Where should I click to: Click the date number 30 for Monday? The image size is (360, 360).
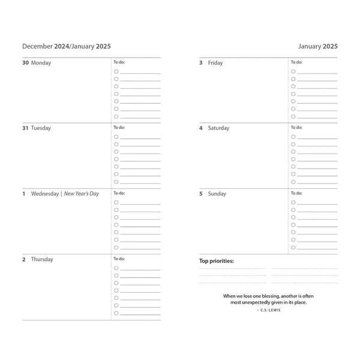point(25,62)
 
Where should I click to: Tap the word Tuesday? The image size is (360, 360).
point(41,128)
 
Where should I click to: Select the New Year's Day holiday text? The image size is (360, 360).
point(81,194)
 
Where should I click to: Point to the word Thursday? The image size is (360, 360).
point(42,260)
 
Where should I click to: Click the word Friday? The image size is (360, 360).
point(215,62)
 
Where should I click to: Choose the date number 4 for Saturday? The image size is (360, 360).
point(201,128)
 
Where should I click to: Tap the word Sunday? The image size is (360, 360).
point(217,194)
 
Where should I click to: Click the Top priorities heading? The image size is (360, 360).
point(217,261)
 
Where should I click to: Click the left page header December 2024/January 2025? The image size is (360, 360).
point(66,46)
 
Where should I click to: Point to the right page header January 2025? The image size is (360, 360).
point(318,46)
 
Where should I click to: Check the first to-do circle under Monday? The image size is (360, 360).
point(116,71)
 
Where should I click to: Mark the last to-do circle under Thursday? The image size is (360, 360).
point(116,313)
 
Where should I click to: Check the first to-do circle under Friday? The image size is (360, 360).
point(293,71)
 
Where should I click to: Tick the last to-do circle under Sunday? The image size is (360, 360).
point(293,247)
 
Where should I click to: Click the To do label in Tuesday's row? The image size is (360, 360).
point(119,127)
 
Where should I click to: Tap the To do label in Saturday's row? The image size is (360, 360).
point(296,127)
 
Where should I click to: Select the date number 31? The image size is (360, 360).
point(25,128)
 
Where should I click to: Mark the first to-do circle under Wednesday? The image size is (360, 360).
point(116,203)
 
